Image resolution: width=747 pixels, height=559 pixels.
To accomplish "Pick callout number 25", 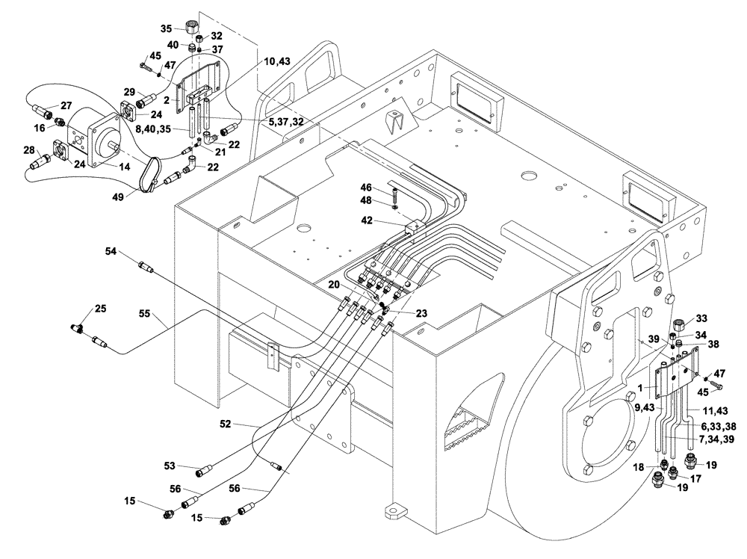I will [x=100, y=309].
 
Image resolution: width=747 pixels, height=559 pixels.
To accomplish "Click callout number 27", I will [x=66, y=105].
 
